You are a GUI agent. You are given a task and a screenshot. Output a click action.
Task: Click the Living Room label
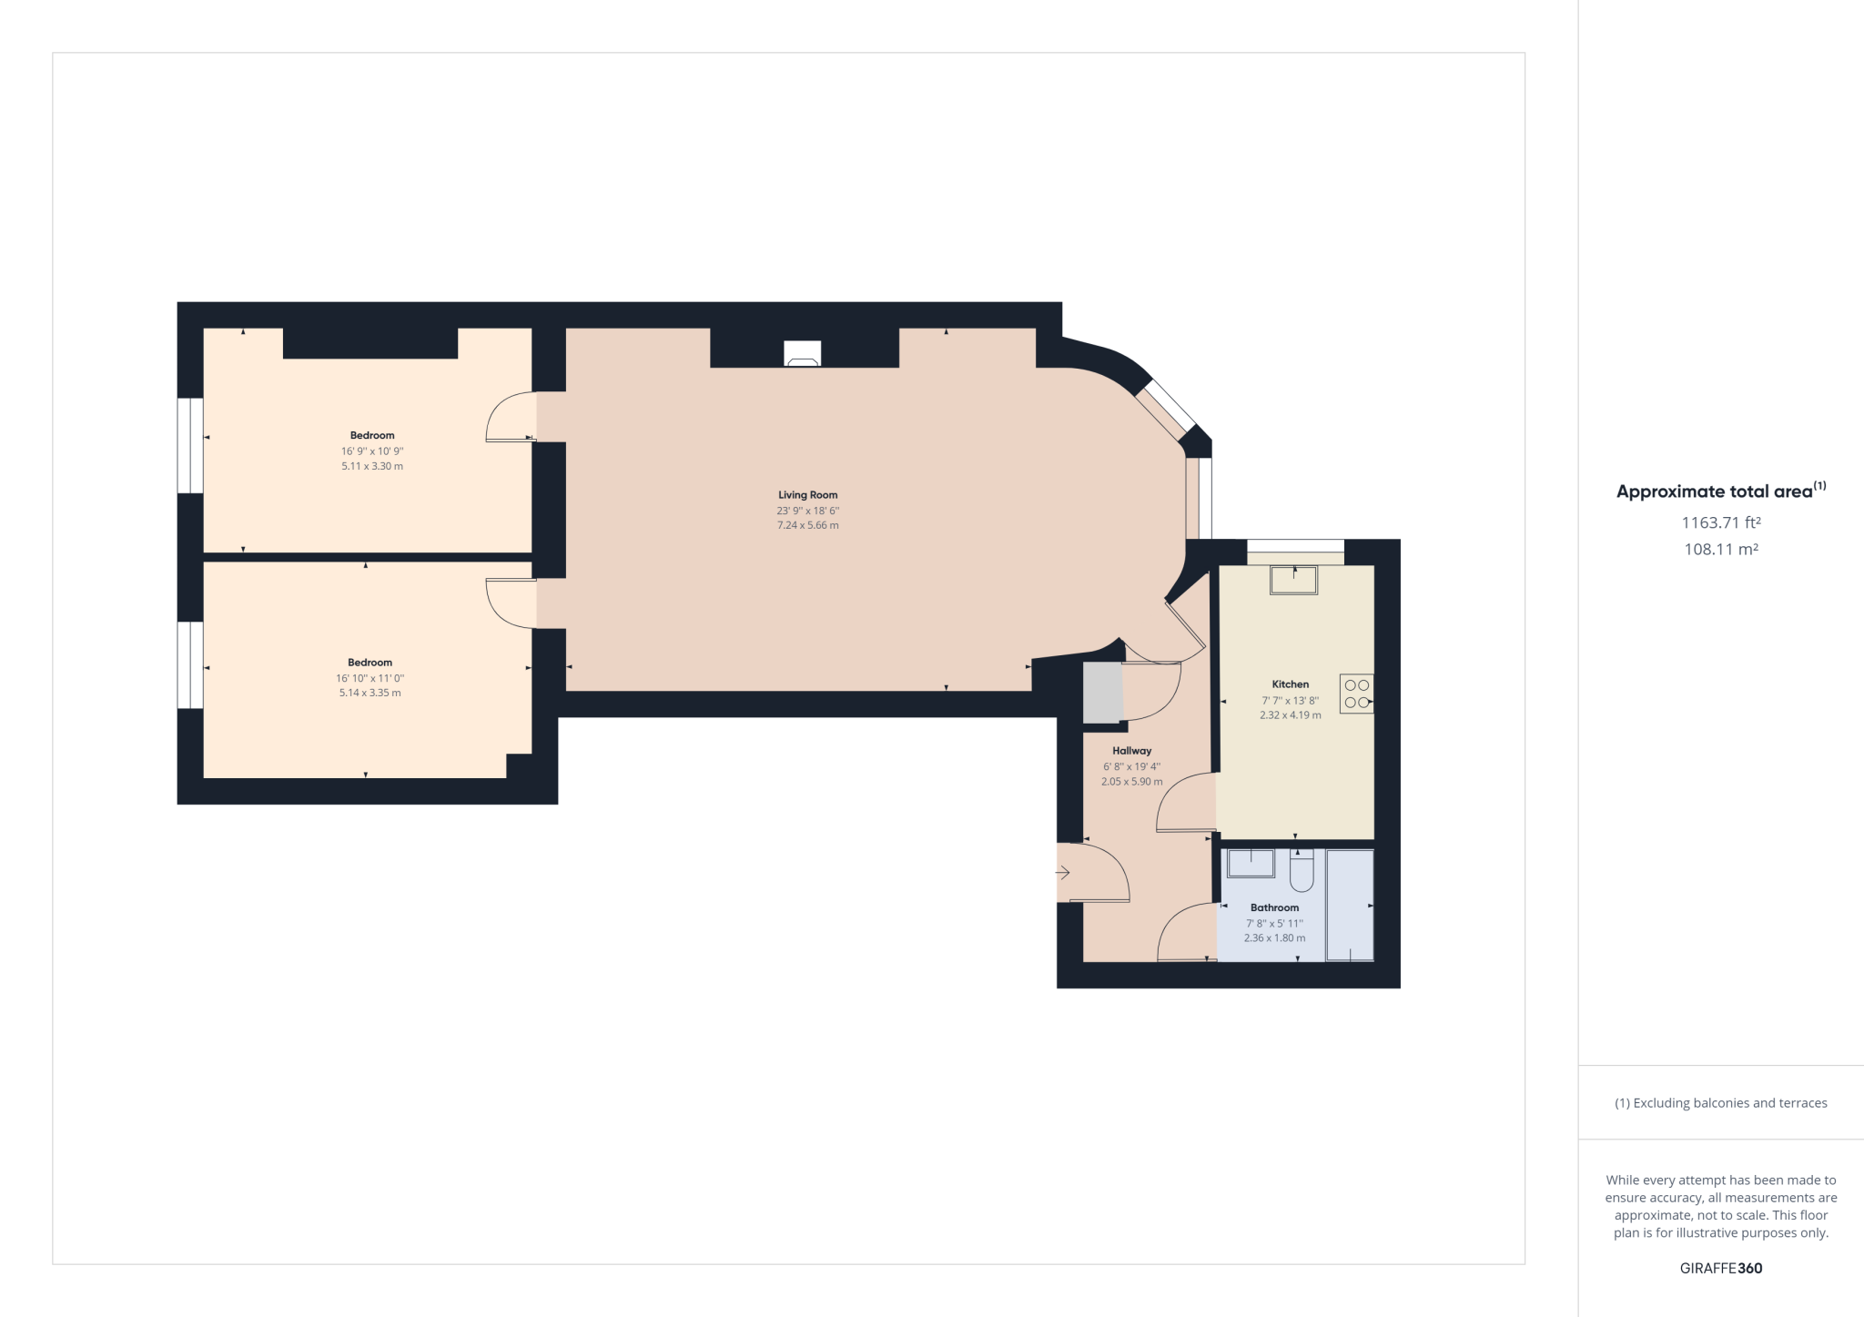(x=807, y=495)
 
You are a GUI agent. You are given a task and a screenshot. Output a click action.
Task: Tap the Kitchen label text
(x=1290, y=684)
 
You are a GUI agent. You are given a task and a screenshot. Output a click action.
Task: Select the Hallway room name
(x=1131, y=751)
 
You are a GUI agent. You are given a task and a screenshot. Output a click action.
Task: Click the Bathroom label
(x=1274, y=907)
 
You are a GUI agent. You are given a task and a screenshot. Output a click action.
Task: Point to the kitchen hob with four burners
(x=1356, y=694)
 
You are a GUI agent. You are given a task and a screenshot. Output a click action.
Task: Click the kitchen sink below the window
(x=1293, y=580)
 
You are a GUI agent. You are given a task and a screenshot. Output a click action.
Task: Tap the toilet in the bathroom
(x=1302, y=872)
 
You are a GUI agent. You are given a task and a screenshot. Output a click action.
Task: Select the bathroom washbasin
(x=1251, y=863)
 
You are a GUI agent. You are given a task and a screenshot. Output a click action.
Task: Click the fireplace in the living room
(x=802, y=354)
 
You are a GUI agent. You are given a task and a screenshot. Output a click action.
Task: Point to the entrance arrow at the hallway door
(x=1062, y=873)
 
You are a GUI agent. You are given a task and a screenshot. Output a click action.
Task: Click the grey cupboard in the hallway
(x=1102, y=693)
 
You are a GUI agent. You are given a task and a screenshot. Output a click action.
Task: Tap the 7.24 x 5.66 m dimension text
(x=807, y=525)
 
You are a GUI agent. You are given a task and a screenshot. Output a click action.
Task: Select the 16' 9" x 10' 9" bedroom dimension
(x=372, y=451)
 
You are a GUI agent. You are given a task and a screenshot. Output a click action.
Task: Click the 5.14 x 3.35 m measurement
(x=370, y=693)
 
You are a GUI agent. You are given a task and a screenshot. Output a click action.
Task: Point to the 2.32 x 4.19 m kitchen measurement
(x=1290, y=715)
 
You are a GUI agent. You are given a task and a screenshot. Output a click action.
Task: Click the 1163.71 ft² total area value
(x=1720, y=522)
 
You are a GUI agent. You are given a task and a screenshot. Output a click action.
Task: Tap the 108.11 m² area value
(x=1720, y=550)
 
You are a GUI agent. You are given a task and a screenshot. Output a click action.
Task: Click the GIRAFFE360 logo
(x=1720, y=1268)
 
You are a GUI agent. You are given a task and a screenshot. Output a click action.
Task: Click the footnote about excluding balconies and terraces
(x=1720, y=1103)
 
